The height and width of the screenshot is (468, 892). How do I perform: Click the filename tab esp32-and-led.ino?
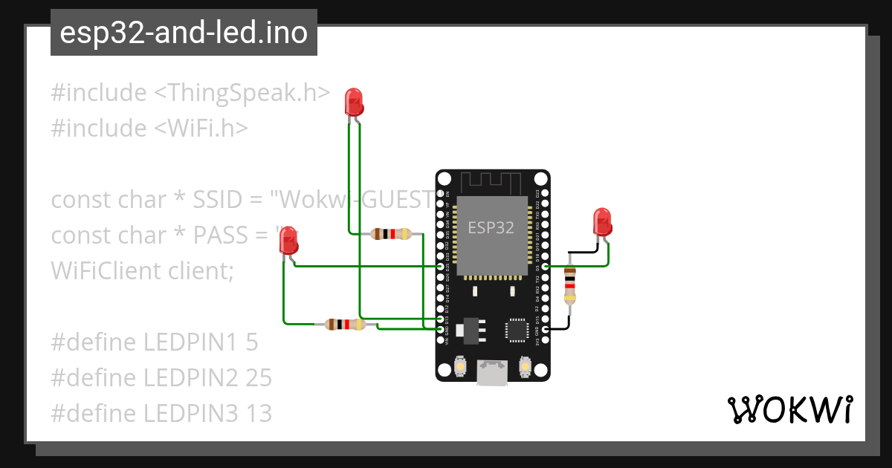[x=184, y=33]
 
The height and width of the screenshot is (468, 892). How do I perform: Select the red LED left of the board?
[x=288, y=241]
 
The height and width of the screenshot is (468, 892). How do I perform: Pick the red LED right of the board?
[x=602, y=222]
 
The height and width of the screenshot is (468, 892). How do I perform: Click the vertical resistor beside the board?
[x=569, y=285]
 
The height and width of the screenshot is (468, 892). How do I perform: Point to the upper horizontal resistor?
[x=391, y=234]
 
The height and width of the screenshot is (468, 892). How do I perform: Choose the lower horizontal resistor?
[x=345, y=325]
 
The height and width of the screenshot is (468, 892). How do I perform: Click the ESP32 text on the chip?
[x=491, y=227]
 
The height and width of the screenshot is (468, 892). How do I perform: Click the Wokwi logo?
[x=789, y=409]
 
